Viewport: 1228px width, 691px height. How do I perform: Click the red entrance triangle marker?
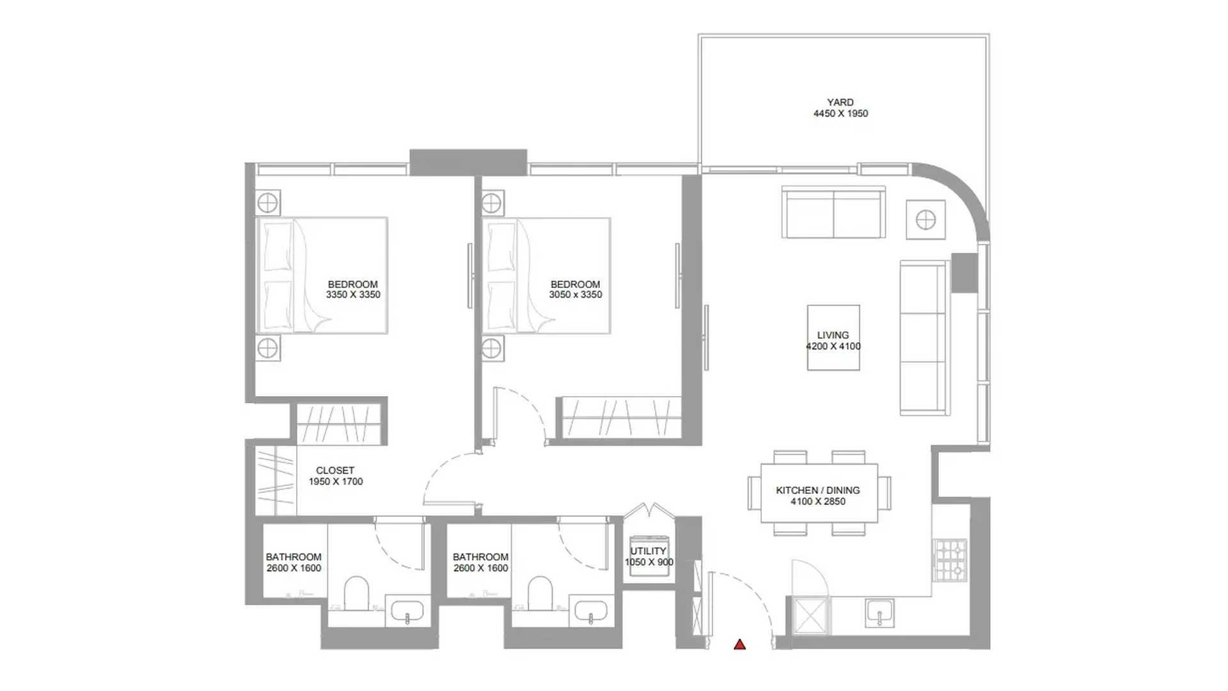pyautogui.click(x=739, y=644)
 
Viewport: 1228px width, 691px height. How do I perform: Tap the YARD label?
pyautogui.click(x=840, y=102)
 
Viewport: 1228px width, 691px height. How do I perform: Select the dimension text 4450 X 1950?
pyautogui.click(x=840, y=114)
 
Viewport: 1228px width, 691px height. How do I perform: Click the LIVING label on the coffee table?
pyautogui.click(x=833, y=335)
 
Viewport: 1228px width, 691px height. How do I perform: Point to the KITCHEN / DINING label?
pyautogui.click(x=818, y=490)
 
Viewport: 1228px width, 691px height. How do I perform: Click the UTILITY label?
pyautogui.click(x=649, y=551)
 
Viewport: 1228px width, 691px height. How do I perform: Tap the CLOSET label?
pyautogui.click(x=335, y=470)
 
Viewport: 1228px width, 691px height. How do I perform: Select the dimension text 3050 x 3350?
pyautogui.click(x=576, y=295)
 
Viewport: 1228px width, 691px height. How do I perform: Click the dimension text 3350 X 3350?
pyautogui.click(x=353, y=295)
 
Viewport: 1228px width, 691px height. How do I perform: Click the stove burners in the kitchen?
pyautogui.click(x=950, y=560)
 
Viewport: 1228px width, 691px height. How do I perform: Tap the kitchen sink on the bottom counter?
pyautogui.click(x=880, y=613)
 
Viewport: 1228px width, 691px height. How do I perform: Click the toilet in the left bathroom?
pyautogui.click(x=356, y=594)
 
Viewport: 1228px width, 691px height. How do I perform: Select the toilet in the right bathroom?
pyautogui.click(x=540, y=594)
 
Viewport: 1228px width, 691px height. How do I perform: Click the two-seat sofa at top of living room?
pyautogui.click(x=833, y=212)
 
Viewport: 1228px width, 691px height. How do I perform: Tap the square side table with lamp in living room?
pyautogui.click(x=925, y=219)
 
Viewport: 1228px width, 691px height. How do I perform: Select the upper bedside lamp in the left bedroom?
pyautogui.click(x=267, y=203)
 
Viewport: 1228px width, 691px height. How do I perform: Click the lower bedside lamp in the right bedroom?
pyautogui.click(x=492, y=349)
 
